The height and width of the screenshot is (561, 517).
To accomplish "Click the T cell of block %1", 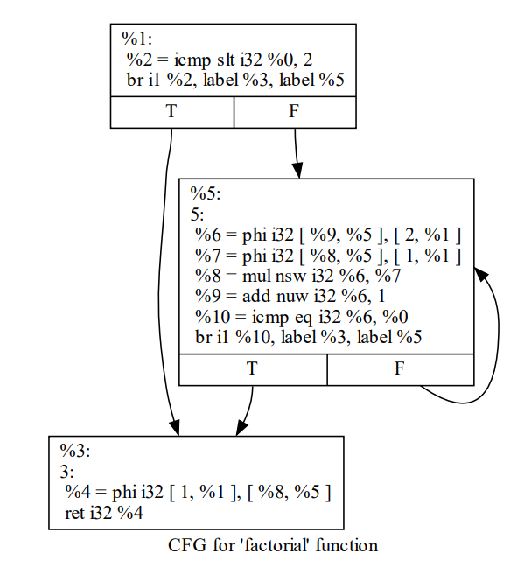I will [171, 112].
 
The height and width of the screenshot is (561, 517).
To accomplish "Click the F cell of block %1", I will [294, 112].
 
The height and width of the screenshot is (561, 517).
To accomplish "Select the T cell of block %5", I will [252, 369].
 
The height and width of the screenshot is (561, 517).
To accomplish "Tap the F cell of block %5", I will [400, 369].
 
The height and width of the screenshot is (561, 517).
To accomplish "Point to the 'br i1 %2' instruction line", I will [235, 80].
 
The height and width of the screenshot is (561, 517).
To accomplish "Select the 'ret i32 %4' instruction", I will [105, 510].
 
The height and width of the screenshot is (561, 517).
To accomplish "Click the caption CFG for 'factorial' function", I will [272, 545].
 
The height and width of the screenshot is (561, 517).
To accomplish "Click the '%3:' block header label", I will [75, 452].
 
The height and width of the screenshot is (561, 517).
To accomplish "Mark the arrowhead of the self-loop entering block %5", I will [480, 274].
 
